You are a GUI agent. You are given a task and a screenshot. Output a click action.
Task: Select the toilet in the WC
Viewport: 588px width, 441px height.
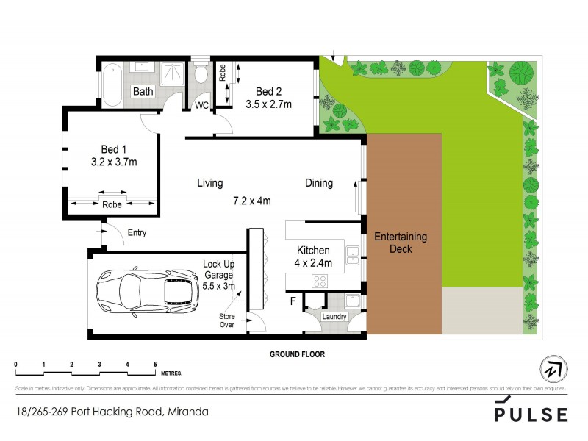pos(201,76)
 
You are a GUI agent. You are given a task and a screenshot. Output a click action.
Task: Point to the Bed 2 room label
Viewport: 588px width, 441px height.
pos(268,91)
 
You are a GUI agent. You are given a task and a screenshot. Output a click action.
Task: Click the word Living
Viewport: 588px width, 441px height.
pos(209,183)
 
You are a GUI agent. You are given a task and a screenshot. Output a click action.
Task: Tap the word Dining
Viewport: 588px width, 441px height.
pos(319,183)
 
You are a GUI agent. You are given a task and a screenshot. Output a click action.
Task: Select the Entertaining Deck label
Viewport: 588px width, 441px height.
pos(401,243)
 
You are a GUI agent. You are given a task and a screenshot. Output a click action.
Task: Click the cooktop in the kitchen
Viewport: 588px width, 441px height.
pos(321,280)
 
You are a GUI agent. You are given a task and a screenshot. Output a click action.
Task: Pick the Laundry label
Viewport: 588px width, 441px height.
pos(334,317)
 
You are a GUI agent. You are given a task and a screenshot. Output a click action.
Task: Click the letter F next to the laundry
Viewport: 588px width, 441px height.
pos(294,301)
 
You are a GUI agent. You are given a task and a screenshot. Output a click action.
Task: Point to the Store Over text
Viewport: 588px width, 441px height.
pos(226,320)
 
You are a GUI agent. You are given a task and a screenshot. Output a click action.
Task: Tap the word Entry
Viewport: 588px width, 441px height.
pos(137,233)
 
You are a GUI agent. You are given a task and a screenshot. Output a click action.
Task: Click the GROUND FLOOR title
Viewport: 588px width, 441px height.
pos(297,354)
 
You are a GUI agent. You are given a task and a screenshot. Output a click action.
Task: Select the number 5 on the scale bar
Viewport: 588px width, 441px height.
pos(155,365)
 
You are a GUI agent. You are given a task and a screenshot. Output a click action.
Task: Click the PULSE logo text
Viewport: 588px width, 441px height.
pos(531,415)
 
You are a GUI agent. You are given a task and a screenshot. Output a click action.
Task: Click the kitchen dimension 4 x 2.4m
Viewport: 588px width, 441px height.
pos(313,262)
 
